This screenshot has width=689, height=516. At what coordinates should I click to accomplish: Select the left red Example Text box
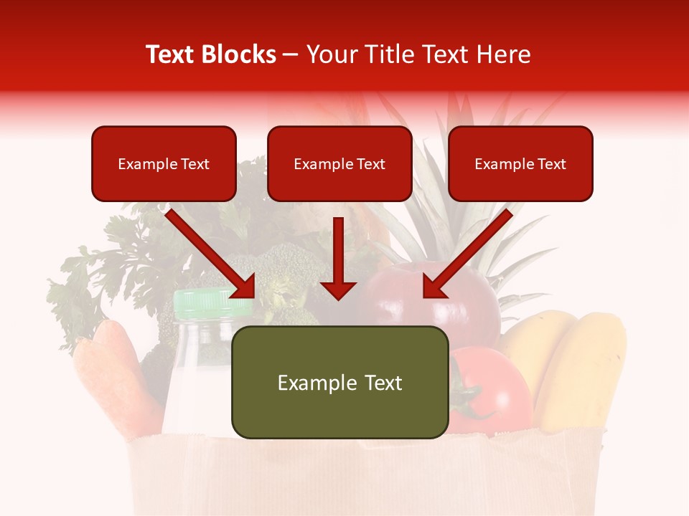(164, 164)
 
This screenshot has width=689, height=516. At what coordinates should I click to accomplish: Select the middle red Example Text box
(339, 164)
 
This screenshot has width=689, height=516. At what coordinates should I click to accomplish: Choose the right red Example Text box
(520, 164)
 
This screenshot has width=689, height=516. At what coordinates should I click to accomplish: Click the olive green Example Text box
(339, 383)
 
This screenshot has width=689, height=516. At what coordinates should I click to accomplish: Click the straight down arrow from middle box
(338, 258)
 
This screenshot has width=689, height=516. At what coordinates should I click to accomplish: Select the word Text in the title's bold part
(172, 54)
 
